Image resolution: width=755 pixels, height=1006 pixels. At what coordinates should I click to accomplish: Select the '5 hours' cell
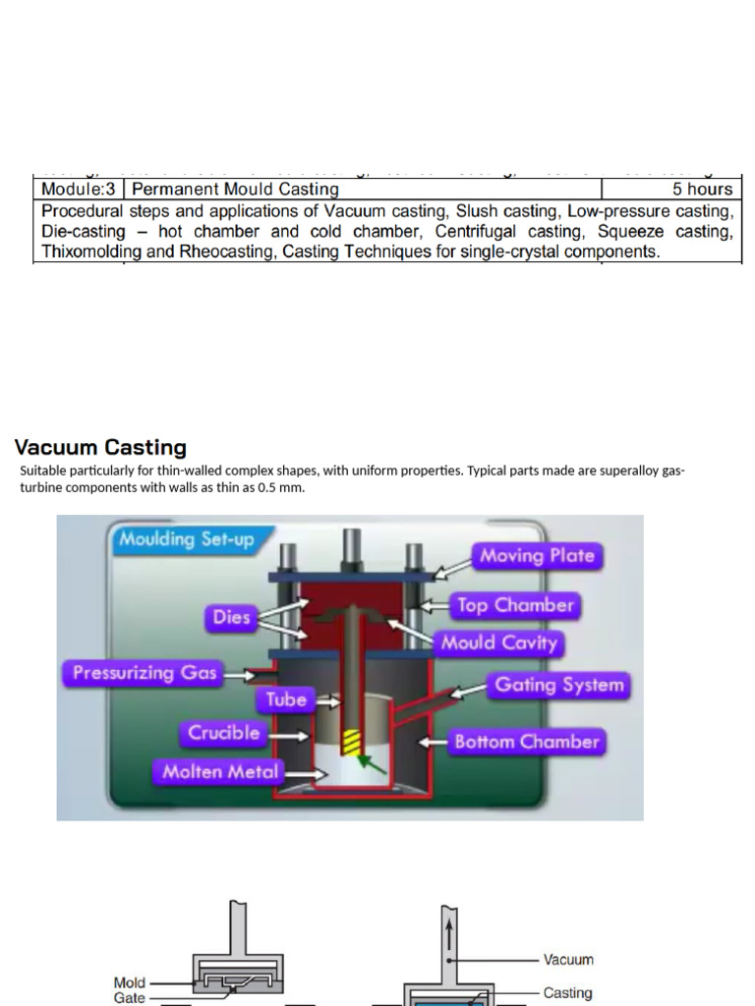point(702,189)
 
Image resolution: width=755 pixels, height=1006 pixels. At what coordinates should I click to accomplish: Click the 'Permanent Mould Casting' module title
point(235,189)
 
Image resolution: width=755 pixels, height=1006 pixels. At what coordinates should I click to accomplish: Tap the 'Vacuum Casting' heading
point(100,448)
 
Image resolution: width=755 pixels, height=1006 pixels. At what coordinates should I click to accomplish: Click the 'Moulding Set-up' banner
point(186,539)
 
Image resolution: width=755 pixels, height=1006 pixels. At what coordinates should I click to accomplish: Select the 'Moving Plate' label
point(536,556)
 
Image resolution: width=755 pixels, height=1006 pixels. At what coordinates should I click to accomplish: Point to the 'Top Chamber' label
point(514,605)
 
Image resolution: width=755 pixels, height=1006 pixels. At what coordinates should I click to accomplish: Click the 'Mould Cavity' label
point(498,643)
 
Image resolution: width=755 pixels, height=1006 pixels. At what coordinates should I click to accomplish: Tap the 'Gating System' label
point(558,685)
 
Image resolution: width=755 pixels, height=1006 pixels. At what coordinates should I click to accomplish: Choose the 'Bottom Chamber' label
point(526,742)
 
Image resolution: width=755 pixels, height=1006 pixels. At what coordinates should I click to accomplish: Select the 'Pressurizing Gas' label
point(142,674)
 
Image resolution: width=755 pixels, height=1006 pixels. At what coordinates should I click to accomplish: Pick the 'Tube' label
point(286,699)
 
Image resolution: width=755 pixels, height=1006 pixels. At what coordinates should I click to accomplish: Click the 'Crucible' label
point(224,733)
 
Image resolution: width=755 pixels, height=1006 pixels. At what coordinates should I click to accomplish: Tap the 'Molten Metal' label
point(220,772)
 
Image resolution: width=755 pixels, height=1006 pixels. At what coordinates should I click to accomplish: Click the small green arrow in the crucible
point(369,761)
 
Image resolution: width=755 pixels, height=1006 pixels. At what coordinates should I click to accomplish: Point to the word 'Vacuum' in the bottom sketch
point(568,959)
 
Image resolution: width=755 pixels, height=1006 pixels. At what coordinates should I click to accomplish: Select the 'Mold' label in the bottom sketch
point(130,982)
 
